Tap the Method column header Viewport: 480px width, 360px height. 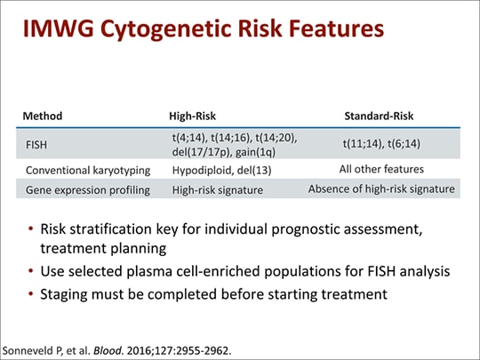43,116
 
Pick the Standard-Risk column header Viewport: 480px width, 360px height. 379,116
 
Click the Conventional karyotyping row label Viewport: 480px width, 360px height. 80,169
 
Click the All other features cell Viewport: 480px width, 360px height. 381,169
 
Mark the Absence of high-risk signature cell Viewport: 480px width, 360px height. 381,189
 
